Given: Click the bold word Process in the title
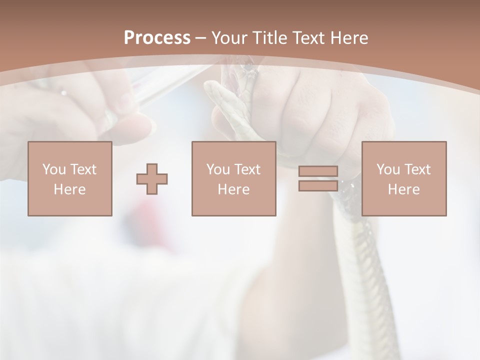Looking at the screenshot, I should coord(157,38).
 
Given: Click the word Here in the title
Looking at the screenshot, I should coord(350,38).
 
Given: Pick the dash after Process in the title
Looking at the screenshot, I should coord(200,38).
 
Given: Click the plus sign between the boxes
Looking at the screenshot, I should coord(152,179).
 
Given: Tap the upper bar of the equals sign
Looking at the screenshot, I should coord(318,171).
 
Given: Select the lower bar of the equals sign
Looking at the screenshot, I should coord(318,185).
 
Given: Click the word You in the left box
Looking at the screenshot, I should coord(54,169).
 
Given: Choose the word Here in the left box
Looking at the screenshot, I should coord(69,189).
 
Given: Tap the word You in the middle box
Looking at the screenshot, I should coord(218,169).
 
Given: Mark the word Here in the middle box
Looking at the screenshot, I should coord(233,189).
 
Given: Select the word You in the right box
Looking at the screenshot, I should coord(388,169).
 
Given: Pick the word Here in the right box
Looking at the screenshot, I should coord(403,189).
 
